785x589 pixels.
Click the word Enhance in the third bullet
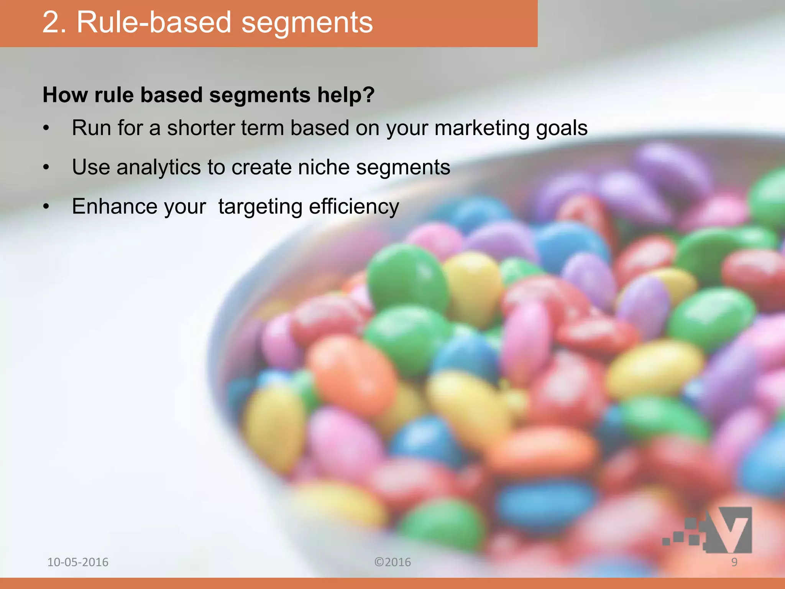(x=114, y=206)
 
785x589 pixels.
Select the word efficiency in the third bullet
(x=354, y=207)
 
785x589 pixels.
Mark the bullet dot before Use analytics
(x=46, y=168)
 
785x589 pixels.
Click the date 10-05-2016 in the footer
(x=78, y=562)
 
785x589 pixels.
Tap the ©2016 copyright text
(x=392, y=562)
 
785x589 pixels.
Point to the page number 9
(x=734, y=562)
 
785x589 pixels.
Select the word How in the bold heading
(x=65, y=95)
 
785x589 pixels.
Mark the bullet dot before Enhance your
(x=46, y=207)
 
